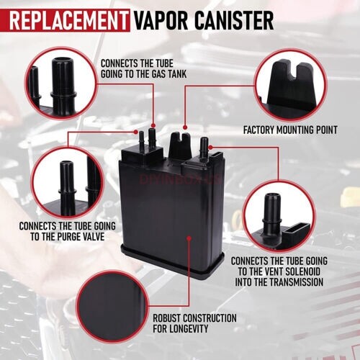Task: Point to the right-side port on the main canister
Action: pyautogui.click(x=204, y=145)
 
